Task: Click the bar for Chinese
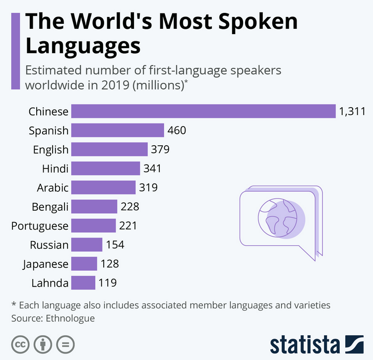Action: [x=203, y=111]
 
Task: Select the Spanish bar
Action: [x=118, y=130]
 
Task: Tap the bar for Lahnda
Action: [x=83, y=283]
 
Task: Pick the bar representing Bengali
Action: [x=94, y=206]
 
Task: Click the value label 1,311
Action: [x=352, y=111]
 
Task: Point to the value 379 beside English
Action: [x=161, y=149]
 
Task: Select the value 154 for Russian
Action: [x=115, y=244]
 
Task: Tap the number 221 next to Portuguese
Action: [x=128, y=226]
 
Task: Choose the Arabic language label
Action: [x=53, y=187]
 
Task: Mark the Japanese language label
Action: [x=45, y=264]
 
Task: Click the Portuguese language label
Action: [x=40, y=226]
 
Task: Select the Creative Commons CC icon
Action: [x=20, y=344]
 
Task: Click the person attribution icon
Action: [x=43, y=344]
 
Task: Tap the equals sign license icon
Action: [x=65, y=344]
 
